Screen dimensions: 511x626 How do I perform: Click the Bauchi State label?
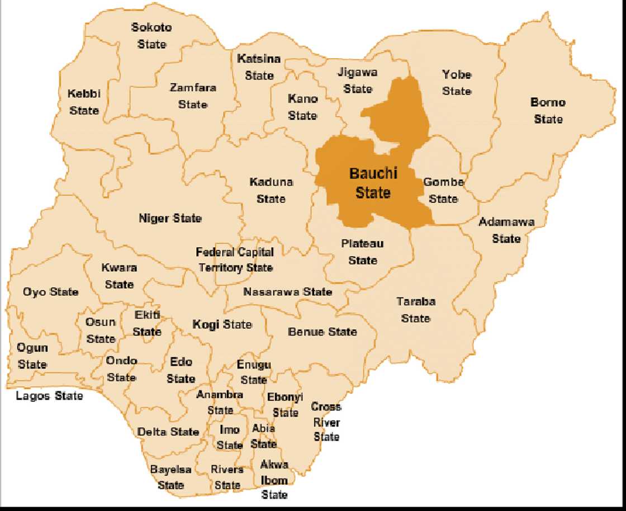[x=373, y=183]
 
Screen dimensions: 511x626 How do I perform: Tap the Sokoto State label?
[x=151, y=35]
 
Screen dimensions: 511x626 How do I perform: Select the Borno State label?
[x=548, y=111]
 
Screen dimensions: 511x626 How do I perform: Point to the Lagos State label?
[x=49, y=396]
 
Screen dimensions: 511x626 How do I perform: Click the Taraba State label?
[x=416, y=310]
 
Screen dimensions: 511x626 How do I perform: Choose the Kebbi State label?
[x=84, y=102]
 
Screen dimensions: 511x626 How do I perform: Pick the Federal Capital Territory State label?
[x=235, y=260]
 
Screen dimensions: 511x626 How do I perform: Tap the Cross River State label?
[x=326, y=422]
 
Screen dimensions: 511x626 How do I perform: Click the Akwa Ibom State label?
[x=274, y=480]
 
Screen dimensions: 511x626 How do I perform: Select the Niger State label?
[x=170, y=219]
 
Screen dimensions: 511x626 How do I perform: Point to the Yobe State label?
[x=457, y=83]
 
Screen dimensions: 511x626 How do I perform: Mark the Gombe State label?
[x=444, y=190]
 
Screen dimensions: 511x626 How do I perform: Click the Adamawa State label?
[x=506, y=230]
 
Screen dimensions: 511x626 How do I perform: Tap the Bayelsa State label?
[x=171, y=477]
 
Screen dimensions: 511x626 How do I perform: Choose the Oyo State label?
[x=50, y=292]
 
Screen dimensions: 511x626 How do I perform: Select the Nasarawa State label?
[x=287, y=292]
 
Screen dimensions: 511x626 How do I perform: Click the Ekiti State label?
[x=147, y=323]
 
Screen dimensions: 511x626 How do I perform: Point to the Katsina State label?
[x=259, y=67]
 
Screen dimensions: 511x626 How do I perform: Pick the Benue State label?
[x=322, y=332]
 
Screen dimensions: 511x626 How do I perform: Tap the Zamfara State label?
[x=193, y=96]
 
